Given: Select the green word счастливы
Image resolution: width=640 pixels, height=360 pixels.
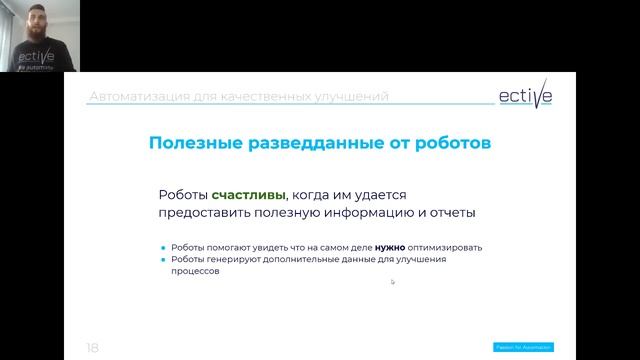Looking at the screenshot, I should coord(241,195).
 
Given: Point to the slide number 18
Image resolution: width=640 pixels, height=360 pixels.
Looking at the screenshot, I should coord(92,347).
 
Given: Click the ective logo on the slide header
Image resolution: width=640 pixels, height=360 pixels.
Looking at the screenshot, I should coord(525,95).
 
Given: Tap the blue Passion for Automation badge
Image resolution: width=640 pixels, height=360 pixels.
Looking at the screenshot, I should coord(524,347).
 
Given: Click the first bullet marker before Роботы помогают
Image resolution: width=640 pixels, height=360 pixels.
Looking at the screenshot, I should coord(162,247).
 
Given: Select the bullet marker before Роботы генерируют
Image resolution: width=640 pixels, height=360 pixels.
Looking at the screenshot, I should coord(162,260).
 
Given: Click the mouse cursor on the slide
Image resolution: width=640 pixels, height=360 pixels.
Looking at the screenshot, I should coord(392,281).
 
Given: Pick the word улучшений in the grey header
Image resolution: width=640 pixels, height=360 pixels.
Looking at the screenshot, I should coord(351,97).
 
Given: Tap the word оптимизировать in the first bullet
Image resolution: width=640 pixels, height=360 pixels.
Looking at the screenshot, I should coord(445,247).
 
